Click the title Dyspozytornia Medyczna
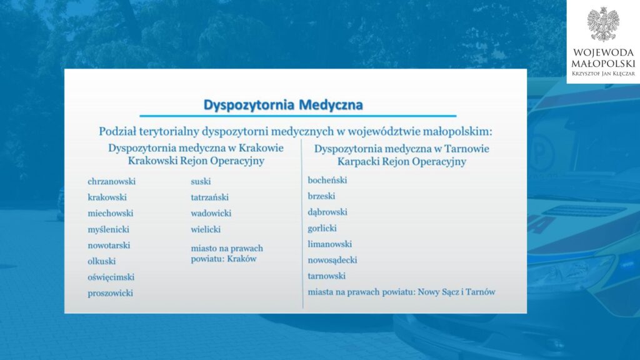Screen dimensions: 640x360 (283, 105)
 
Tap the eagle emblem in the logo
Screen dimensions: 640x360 (603, 24)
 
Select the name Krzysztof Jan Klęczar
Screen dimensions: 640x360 (603, 74)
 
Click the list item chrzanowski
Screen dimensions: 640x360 (111, 181)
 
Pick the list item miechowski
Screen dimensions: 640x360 (110, 213)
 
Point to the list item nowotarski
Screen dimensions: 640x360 (109, 245)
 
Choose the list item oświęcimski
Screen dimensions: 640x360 (111, 277)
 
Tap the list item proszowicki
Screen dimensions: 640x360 (110, 293)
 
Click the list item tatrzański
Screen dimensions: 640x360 (209, 197)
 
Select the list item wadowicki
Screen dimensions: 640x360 (211, 213)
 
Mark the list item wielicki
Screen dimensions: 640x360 (205, 229)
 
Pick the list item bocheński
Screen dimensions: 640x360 (327, 180)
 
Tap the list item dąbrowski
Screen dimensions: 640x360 (327, 212)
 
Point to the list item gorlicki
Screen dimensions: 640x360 (322, 228)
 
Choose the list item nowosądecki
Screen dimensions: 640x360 (332, 260)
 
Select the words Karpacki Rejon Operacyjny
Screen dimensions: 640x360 (402, 162)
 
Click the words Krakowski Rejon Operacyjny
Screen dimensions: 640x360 (196, 161)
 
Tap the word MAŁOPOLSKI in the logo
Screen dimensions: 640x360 (603, 64)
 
